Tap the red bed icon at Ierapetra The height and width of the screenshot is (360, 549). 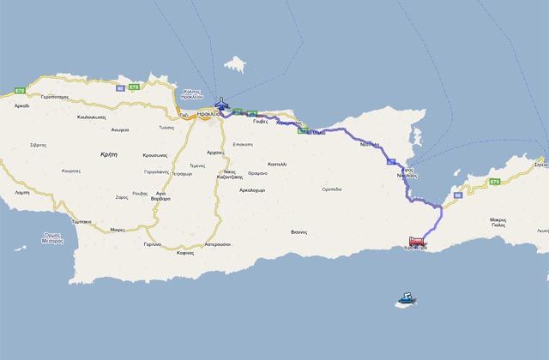(x=415, y=241)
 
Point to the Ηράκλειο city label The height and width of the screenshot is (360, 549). (x=204, y=113)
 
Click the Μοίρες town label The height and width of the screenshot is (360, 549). (x=118, y=230)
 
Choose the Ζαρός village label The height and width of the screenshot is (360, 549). (x=121, y=197)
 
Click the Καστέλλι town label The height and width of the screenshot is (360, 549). (x=277, y=163)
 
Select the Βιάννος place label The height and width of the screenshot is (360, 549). (x=299, y=231)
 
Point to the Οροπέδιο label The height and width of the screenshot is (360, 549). (x=331, y=189)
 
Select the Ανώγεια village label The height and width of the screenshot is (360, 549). (x=119, y=130)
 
